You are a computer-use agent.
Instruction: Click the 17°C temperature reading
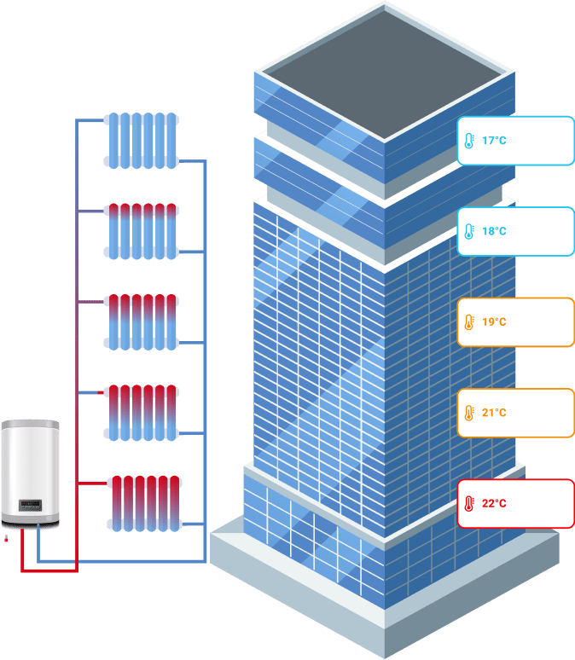pos(494,140)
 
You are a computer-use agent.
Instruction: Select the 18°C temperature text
pos(494,231)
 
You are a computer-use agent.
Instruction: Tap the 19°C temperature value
pos(494,322)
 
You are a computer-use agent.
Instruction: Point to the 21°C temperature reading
pos(494,413)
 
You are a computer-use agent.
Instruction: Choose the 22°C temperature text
pos(494,503)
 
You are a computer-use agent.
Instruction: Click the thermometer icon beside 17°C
pos(468,141)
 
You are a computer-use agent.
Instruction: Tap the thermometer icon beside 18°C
pos(468,231)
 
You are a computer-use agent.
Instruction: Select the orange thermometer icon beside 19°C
pos(468,322)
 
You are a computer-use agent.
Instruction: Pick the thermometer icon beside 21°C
pos(468,413)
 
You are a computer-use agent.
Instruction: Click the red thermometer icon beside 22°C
pos(468,504)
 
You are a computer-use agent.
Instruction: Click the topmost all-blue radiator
pos(141,140)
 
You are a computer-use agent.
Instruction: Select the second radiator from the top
pos(141,230)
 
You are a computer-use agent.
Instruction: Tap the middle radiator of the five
pos(141,321)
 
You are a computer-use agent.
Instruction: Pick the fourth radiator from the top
pos(141,412)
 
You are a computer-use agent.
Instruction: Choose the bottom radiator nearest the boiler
pos(144,503)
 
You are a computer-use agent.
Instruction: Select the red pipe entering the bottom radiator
pos(93,483)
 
